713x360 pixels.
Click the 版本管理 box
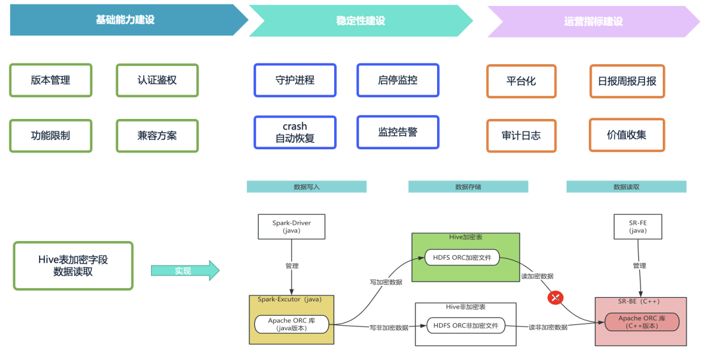pyautogui.click(x=50, y=80)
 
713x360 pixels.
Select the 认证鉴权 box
pyautogui.click(x=157, y=80)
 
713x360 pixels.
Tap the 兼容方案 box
pyautogui.click(x=157, y=135)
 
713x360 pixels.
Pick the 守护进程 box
pyautogui.click(x=295, y=80)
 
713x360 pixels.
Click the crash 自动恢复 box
pyautogui.click(x=295, y=132)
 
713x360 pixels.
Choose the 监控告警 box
pyautogui.click(x=398, y=132)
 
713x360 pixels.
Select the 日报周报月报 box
pyautogui.click(x=627, y=81)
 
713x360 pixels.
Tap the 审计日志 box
pyautogui.click(x=521, y=135)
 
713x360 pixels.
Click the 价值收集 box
pyautogui.click(x=627, y=135)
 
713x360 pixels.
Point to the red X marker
pyautogui.click(x=555, y=298)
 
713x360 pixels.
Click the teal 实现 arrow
pyautogui.click(x=186, y=271)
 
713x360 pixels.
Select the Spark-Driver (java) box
pyautogui.click(x=292, y=227)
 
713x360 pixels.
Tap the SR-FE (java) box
pyautogui.click(x=638, y=227)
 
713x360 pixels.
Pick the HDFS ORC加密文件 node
pyautogui.click(x=462, y=257)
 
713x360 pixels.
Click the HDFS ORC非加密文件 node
pyautogui.click(x=465, y=326)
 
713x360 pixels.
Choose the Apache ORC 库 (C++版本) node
pyautogui.click(x=642, y=322)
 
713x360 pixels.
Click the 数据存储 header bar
pyautogui.click(x=468, y=186)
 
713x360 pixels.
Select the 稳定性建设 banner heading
pyautogui.click(x=360, y=20)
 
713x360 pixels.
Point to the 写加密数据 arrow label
pyautogui.click(x=386, y=282)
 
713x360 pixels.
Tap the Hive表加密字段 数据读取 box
pyautogui.click(x=73, y=266)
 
